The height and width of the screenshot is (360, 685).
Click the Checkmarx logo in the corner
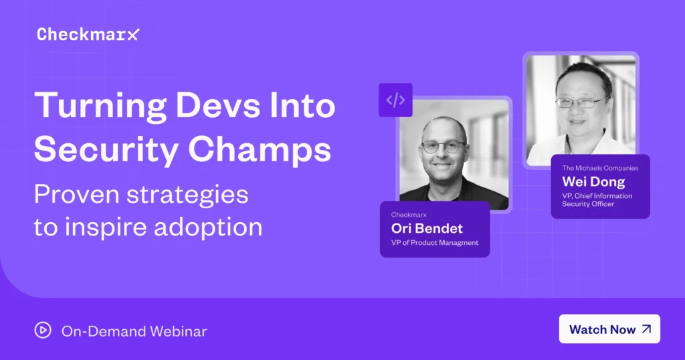[88, 34]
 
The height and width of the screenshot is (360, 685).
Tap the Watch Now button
[609, 329]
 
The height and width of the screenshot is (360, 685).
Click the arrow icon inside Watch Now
[647, 329]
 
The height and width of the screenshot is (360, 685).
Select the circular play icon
[43, 331]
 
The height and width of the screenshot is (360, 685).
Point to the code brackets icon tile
[395, 100]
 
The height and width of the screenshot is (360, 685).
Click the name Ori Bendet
[427, 228]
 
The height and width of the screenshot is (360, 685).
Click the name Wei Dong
[593, 182]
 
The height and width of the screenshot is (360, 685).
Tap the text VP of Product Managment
[435, 243]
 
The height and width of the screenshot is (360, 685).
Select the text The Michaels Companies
[600, 168]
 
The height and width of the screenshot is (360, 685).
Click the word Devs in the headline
[217, 105]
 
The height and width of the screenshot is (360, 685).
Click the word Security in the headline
[106, 151]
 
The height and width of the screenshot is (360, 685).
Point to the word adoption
[208, 228]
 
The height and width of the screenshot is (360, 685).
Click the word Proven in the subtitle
[76, 195]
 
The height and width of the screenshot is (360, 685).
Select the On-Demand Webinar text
[134, 331]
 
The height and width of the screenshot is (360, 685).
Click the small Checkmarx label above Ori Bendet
[409, 215]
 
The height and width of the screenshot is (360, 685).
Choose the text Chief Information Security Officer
[597, 200]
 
